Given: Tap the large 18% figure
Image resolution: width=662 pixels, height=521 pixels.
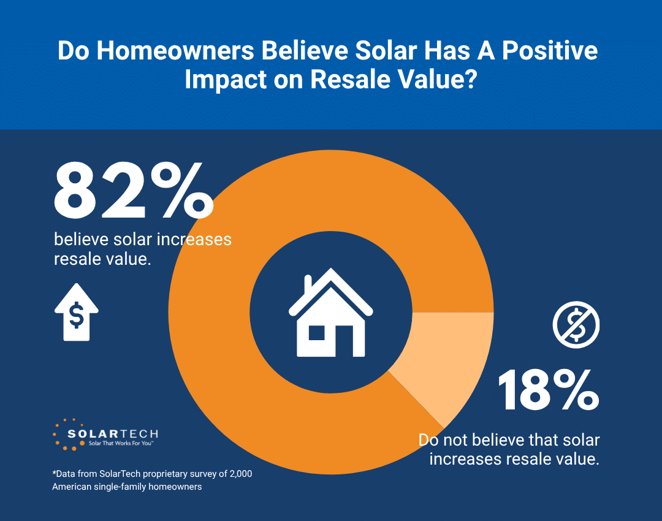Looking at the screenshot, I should (x=547, y=390).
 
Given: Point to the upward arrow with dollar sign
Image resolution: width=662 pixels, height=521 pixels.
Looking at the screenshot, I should (x=77, y=312).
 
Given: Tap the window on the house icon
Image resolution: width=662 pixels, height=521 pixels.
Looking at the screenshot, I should (x=316, y=333).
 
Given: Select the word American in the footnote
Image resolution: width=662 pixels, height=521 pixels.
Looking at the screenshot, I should (x=74, y=487).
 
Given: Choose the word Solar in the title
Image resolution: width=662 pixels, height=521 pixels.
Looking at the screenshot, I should (x=384, y=51).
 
